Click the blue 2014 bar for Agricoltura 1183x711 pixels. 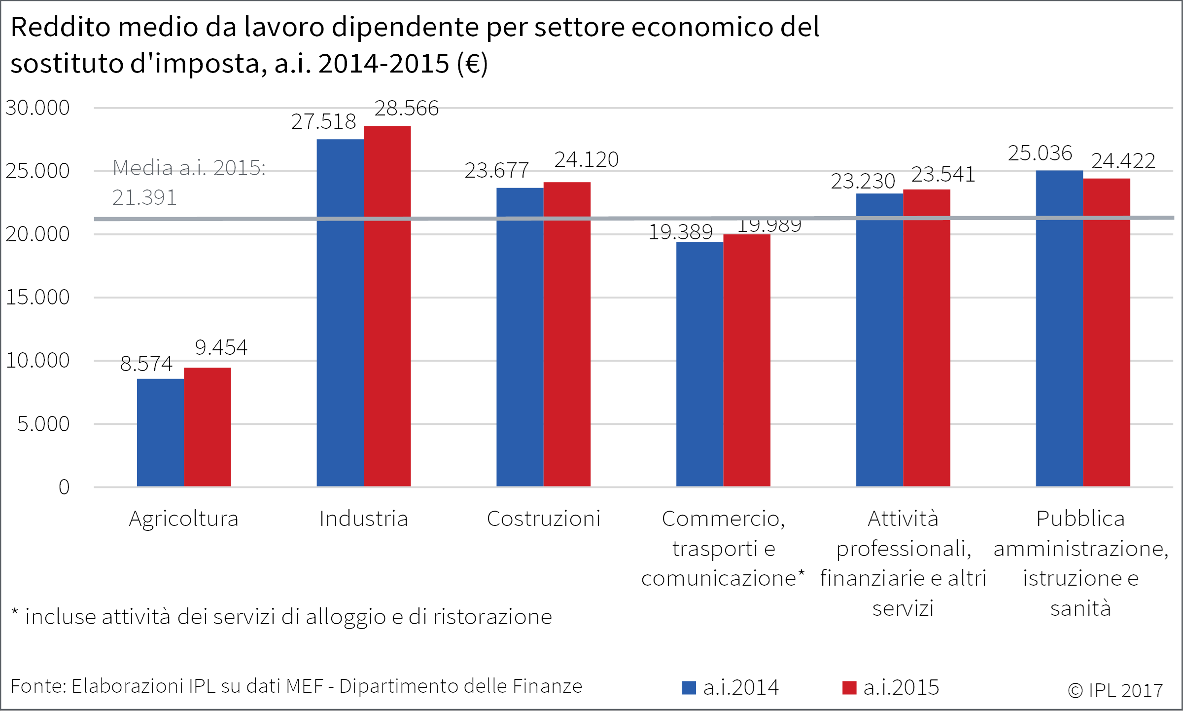[x=160, y=432]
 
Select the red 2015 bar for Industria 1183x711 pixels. [x=387, y=306]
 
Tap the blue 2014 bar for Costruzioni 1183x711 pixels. [x=520, y=337]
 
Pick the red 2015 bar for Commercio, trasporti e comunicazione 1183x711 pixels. [x=746, y=360]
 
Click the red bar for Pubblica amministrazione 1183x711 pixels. [x=1106, y=332]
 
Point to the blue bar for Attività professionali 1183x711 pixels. [x=879, y=340]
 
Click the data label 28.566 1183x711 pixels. [x=406, y=109]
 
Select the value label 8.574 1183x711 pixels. [x=146, y=364]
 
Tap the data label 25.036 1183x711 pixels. [x=1040, y=153]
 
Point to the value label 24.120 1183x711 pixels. [x=586, y=160]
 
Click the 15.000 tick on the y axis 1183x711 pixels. [x=37, y=298]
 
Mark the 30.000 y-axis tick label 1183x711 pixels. [x=37, y=108]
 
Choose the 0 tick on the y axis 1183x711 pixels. [x=64, y=487]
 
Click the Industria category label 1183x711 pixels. [x=364, y=519]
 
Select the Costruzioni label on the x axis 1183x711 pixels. [x=544, y=519]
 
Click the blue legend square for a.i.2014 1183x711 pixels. [x=689, y=687]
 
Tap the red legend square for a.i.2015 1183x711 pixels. [x=849, y=687]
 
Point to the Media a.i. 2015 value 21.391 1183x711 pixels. [x=144, y=198]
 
